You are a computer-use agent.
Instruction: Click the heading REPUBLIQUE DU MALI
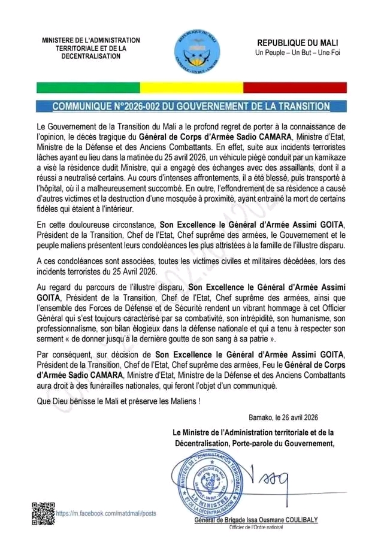[x=297, y=43]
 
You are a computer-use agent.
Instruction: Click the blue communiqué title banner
[x=190, y=107]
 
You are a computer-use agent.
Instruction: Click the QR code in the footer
[x=40, y=513]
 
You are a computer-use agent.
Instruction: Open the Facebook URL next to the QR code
[x=106, y=513]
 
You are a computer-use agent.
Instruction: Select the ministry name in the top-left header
[x=91, y=48]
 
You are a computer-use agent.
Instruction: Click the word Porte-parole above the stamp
[x=250, y=443]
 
